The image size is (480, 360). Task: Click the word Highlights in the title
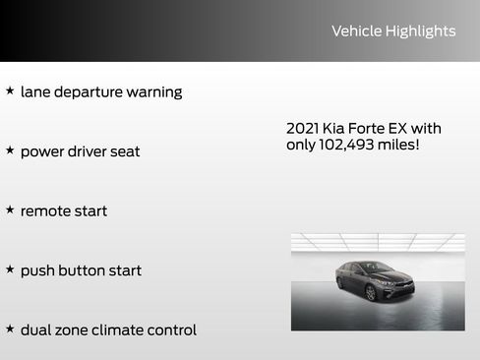(420, 31)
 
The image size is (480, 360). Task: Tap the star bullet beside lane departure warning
(10, 90)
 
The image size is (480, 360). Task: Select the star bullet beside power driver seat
(10, 150)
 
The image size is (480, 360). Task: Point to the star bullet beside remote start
(10, 210)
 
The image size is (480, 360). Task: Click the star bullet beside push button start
(10, 270)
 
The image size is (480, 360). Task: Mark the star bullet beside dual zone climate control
(10, 329)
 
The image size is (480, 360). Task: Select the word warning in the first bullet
(154, 92)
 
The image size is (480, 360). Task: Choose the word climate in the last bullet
(123, 330)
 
